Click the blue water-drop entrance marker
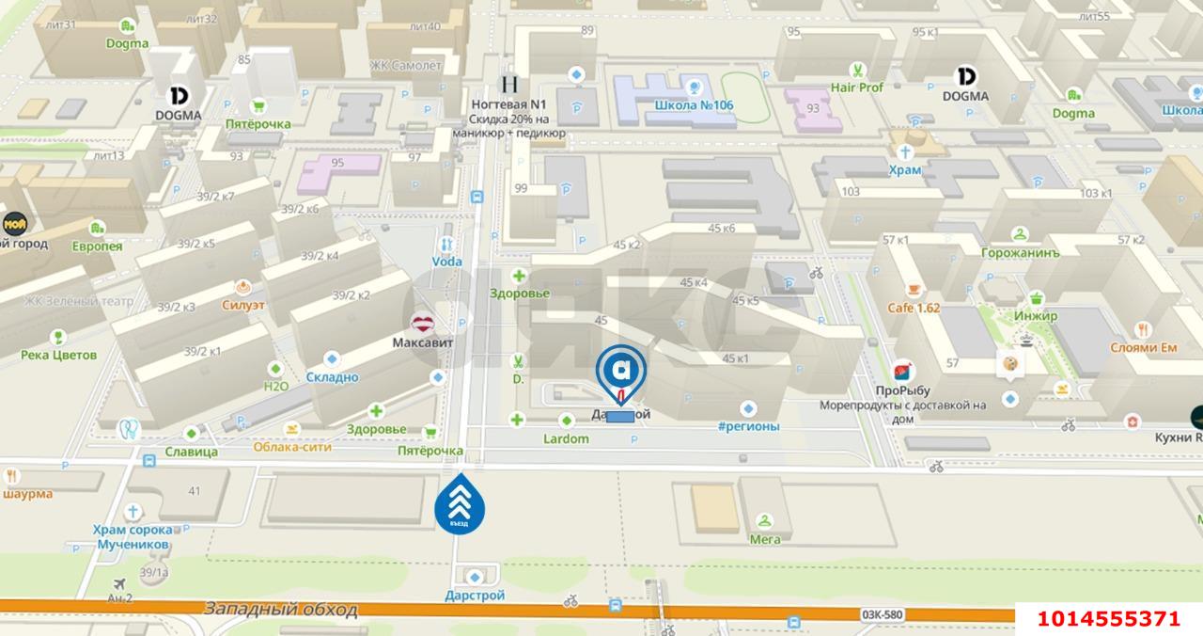coord(460,504)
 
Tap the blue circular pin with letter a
coord(620,370)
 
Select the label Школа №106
coord(695,104)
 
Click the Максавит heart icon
coord(423,326)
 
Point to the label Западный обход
coord(281,610)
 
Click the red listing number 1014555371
coord(1108,618)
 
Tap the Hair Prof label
coord(856,87)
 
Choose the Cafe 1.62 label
coord(914,308)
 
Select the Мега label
coord(765,539)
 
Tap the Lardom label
coord(566,438)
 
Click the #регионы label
coord(748,426)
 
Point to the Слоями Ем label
coord(1143,347)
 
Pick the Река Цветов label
coord(58,355)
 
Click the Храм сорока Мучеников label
coord(132,536)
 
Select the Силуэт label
coord(243,305)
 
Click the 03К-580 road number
coord(881,615)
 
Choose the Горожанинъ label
coord(1020,253)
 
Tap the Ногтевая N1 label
coord(508,104)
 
